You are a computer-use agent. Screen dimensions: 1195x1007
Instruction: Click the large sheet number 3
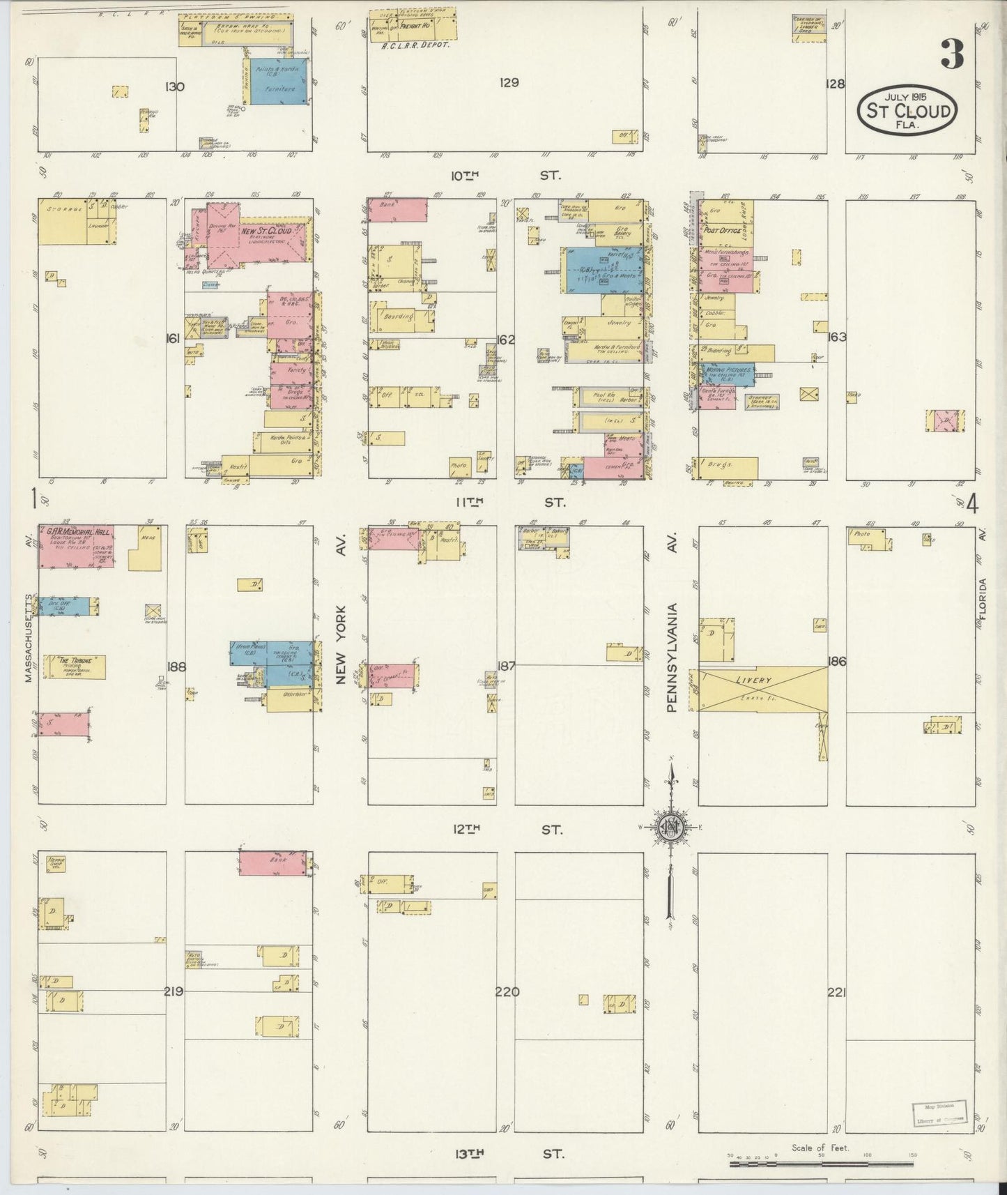(x=953, y=54)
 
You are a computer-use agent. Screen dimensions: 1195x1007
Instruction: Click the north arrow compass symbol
(x=670, y=827)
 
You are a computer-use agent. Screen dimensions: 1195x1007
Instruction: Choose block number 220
(x=507, y=992)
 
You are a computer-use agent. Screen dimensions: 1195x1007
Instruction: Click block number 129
(x=509, y=83)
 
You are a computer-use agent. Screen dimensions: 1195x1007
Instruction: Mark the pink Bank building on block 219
(x=272, y=862)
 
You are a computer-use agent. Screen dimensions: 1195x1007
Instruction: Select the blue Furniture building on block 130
(x=277, y=82)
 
